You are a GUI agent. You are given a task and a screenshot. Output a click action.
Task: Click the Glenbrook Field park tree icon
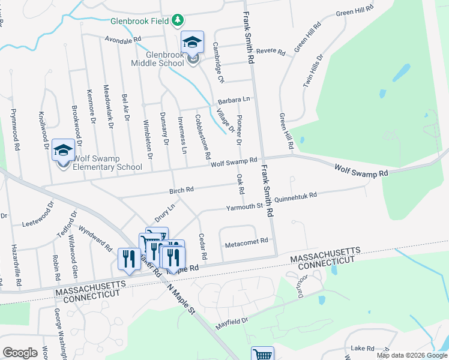click(x=178, y=20)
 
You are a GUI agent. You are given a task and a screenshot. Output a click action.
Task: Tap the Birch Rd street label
click(x=181, y=190)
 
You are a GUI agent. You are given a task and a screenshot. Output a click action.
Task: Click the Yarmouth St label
click(x=244, y=208)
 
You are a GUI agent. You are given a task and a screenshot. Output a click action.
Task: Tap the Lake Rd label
click(x=363, y=348)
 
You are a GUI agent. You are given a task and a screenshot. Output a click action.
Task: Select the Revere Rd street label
click(x=270, y=52)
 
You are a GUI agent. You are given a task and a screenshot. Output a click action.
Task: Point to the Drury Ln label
click(x=164, y=213)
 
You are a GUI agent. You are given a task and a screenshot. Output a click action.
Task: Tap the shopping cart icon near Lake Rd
click(x=262, y=353)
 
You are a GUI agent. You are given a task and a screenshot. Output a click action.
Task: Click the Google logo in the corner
click(x=20, y=353)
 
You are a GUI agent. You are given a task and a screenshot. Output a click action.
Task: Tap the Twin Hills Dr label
click(x=313, y=71)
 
